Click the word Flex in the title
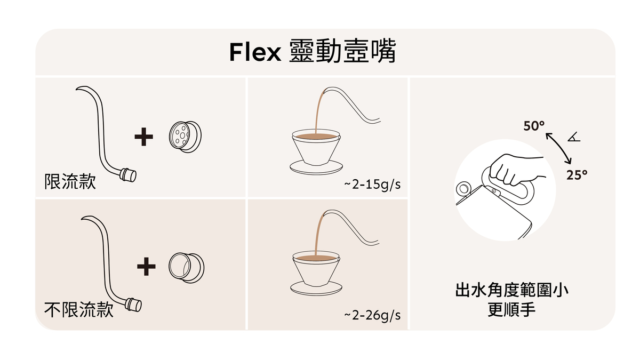(255, 52)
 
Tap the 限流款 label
(70, 181)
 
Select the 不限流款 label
(79, 310)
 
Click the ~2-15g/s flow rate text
(372, 185)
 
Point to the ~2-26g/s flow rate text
(372, 315)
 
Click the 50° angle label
(534, 126)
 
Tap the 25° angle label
(577, 175)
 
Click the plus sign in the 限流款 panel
(143, 137)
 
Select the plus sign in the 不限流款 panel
(146, 266)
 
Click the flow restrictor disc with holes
(185, 137)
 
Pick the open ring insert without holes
(186, 268)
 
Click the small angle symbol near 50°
(574, 137)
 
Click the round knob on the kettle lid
(463, 189)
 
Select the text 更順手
(511, 309)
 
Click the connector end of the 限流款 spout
(128, 175)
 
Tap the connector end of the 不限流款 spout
(133, 305)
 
